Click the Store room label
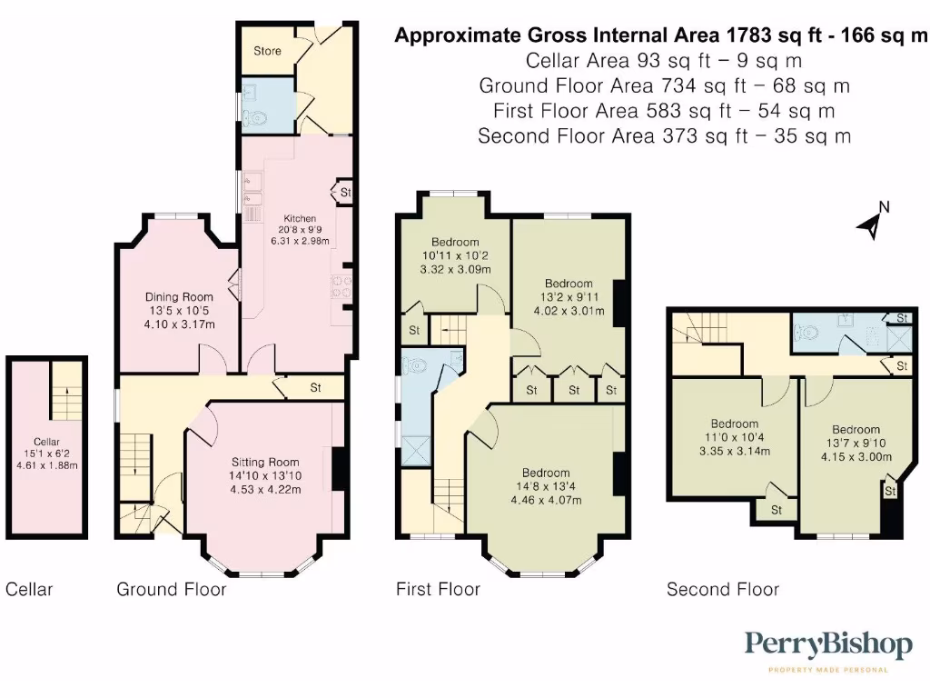[x=267, y=51]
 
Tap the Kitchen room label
[x=300, y=219]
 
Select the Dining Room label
[x=179, y=297]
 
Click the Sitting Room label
[x=265, y=462]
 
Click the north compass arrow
[x=872, y=221]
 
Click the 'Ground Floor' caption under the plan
[x=171, y=590]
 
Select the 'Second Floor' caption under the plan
[x=723, y=590]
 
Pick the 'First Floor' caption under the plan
[x=438, y=590]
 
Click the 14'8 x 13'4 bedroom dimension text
[x=546, y=486]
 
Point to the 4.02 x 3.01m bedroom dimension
[x=569, y=310]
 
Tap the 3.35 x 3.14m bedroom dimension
[x=735, y=451]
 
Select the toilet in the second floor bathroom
[x=806, y=334]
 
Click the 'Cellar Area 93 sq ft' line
[x=664, y=61]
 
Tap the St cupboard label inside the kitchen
[x=345, y=194]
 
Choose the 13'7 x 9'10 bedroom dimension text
[x=856, y=444]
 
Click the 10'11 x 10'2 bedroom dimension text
[x=454, y=256]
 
